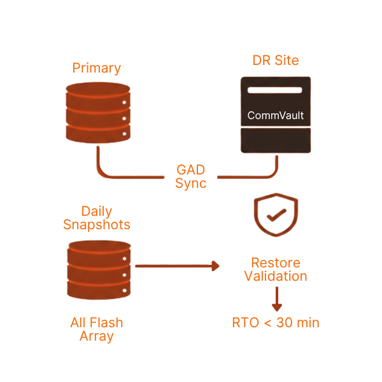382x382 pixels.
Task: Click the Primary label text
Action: pos(97,67)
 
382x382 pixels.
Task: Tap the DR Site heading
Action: pos(275,60)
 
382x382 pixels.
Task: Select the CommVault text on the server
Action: pos(275,116)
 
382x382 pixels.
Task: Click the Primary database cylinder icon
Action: pos(98,112)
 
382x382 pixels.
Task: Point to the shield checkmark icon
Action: pos(275,216)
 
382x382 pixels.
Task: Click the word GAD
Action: pos(190,171)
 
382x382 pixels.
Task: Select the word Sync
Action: pos(190,183)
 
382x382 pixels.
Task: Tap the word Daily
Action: pos(97,211)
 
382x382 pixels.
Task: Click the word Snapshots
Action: pos(97,224)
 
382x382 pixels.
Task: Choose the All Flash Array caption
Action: pos(97,329)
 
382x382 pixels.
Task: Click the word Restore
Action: pos(276,263)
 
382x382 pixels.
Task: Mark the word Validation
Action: pos(276,276)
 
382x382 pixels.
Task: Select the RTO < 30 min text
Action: pos(276,323)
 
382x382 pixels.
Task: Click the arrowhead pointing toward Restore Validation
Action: pos(215,265)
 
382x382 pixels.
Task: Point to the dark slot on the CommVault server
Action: pos(275,90)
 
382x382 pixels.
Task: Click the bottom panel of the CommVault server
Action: pos(275,139)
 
